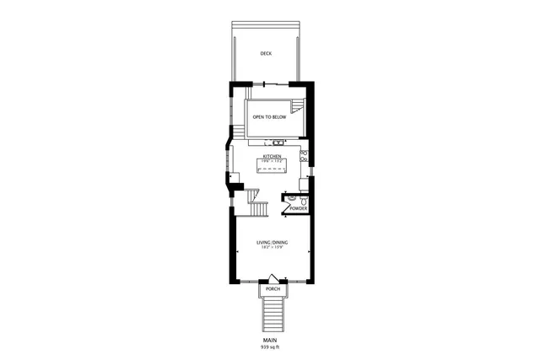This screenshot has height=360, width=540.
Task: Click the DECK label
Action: click(266, 53)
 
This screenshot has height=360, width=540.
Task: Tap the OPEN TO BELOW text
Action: click(269, 117)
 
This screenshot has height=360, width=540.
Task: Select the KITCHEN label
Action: click(272, 156)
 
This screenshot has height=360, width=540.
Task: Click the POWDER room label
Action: click(299, 208)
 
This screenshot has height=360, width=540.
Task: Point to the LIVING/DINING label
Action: click(272, 243)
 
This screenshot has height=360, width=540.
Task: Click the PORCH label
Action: click(273, 289)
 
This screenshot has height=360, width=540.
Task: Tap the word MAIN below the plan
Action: click(271, 340)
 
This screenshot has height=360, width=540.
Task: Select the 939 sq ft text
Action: click(271, 347)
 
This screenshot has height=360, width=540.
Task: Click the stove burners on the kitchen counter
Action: click(304, 155)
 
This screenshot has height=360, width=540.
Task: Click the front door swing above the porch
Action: click(273, 277)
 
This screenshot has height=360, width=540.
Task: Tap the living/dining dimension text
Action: click(272, 249)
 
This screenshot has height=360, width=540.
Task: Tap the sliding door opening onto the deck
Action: click(268, 83)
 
